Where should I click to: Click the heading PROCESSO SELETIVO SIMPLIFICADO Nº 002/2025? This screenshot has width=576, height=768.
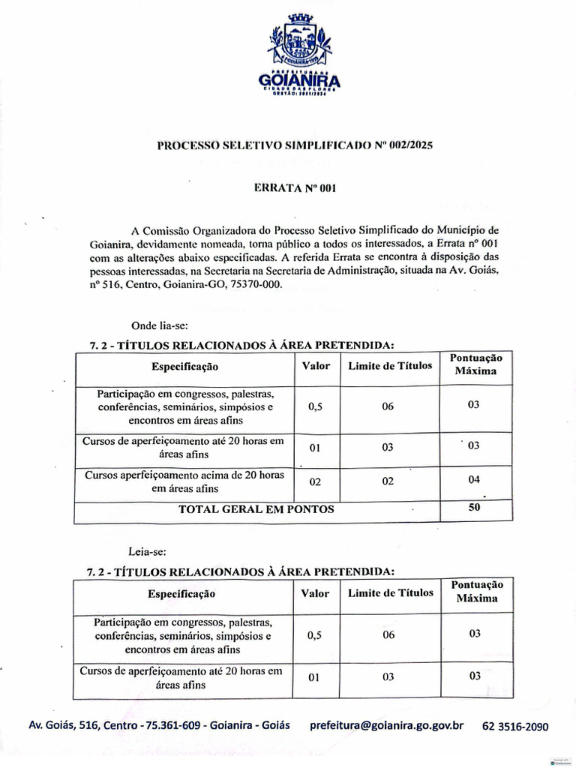tap(295, 145)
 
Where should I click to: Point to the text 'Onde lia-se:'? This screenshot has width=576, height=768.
tap(159, 325)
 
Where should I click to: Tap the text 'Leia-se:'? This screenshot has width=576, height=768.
tap(146, 552)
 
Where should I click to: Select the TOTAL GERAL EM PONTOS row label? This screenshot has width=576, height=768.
tap(256, 509)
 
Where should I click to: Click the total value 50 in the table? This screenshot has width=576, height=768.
tap(473, 508)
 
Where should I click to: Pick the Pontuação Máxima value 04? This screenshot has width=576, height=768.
tap(473, 479)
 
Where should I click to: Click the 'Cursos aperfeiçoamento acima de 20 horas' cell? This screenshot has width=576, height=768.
tap(184, 481)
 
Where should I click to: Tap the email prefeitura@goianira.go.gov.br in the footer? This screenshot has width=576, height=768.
tap(386, 726)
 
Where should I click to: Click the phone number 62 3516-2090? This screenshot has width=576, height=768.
tap(515, 727)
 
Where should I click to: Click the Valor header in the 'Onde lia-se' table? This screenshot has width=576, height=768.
tap(316, 366)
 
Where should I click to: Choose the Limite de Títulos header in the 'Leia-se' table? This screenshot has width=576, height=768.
tap(390, 593)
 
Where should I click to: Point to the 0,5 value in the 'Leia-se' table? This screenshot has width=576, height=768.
tap(315, 635)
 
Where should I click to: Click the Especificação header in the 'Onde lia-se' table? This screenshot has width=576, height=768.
tap(184, 367)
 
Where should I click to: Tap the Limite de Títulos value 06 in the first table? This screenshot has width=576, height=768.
tap(388, 406)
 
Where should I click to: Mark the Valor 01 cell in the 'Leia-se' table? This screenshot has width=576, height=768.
tap(314, 677)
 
